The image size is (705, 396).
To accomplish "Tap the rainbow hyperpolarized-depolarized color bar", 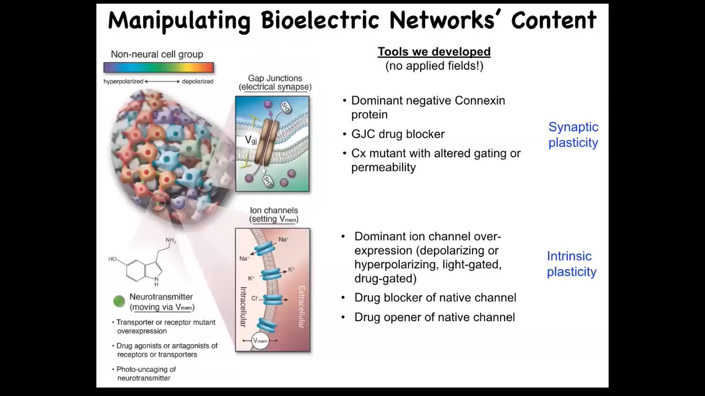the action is point(159,67).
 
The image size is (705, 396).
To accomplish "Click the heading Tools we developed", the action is point(434,52).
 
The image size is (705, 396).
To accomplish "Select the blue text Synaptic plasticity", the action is point(573,135).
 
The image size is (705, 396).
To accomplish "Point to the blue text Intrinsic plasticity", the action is point(572,263).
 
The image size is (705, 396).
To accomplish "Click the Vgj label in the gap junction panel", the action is point(251,140).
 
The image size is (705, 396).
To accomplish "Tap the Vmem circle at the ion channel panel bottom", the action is point(261,340).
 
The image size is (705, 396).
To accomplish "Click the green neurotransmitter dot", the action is point(120,301).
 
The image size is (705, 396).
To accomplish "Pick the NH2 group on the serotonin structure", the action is point(171,241).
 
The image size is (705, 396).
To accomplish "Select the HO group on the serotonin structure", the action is point(112,259).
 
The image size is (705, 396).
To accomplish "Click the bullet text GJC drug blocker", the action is point(398,134).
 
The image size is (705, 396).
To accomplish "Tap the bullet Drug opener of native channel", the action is point(435,317).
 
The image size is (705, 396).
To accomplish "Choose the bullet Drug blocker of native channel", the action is point(435,298).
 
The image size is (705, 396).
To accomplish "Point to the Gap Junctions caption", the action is point(275,82).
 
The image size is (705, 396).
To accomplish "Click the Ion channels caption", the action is point(274,215).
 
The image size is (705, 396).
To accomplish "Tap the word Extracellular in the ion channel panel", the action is point(301,307).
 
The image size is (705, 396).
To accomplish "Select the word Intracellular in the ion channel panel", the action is point(243,307).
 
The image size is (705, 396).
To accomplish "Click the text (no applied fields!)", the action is point(435,66).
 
